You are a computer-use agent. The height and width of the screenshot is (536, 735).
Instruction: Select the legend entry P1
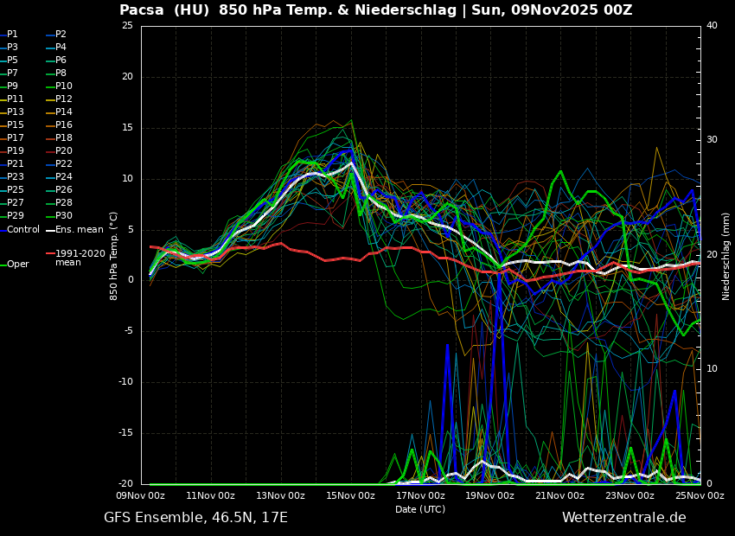coord(12,35)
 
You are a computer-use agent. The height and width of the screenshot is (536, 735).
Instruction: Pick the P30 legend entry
coord(63,216)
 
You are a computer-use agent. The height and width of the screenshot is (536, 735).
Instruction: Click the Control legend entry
coord(22,230)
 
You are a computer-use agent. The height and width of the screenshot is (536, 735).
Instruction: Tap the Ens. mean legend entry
coord(79,230)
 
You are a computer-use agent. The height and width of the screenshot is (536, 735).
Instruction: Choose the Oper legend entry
coord(17,265)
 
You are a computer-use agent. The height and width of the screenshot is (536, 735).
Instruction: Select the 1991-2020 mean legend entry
coord(80,258)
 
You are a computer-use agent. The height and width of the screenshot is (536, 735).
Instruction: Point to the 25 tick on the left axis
coord(127,25)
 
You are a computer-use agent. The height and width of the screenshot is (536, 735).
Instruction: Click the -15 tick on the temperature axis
coord(125,433)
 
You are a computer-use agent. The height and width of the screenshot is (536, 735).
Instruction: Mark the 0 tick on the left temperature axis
coord(130,280)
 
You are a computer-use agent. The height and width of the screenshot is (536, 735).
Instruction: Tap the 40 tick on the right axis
coord(712,25)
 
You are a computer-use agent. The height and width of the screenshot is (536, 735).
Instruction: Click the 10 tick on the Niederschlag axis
coord(712,369)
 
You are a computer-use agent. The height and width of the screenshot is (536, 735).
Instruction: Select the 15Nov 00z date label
coord(350,495)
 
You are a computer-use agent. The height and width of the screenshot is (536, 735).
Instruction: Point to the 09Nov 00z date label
coord(141,495)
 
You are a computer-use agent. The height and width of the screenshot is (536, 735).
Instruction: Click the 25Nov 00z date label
coord(700,495)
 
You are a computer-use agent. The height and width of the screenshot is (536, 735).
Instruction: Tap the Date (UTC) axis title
coord(420,509)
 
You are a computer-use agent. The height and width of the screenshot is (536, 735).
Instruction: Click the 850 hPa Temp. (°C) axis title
coord(114,255)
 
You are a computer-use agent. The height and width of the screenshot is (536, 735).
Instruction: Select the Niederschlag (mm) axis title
coord(726,255)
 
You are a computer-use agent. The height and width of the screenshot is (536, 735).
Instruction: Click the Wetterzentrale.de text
coord(623,518)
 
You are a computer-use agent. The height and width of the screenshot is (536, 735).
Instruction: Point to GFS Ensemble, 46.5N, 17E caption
coord(195,518)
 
